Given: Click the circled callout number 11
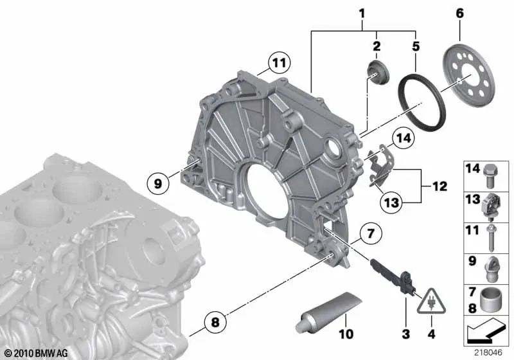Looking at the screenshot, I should pyautogui.click(x=277, y=63).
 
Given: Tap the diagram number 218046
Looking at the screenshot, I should pyautogui.click(x=488, y=353).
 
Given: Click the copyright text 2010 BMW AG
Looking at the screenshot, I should pyautogui.click(x=36, y=353).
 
